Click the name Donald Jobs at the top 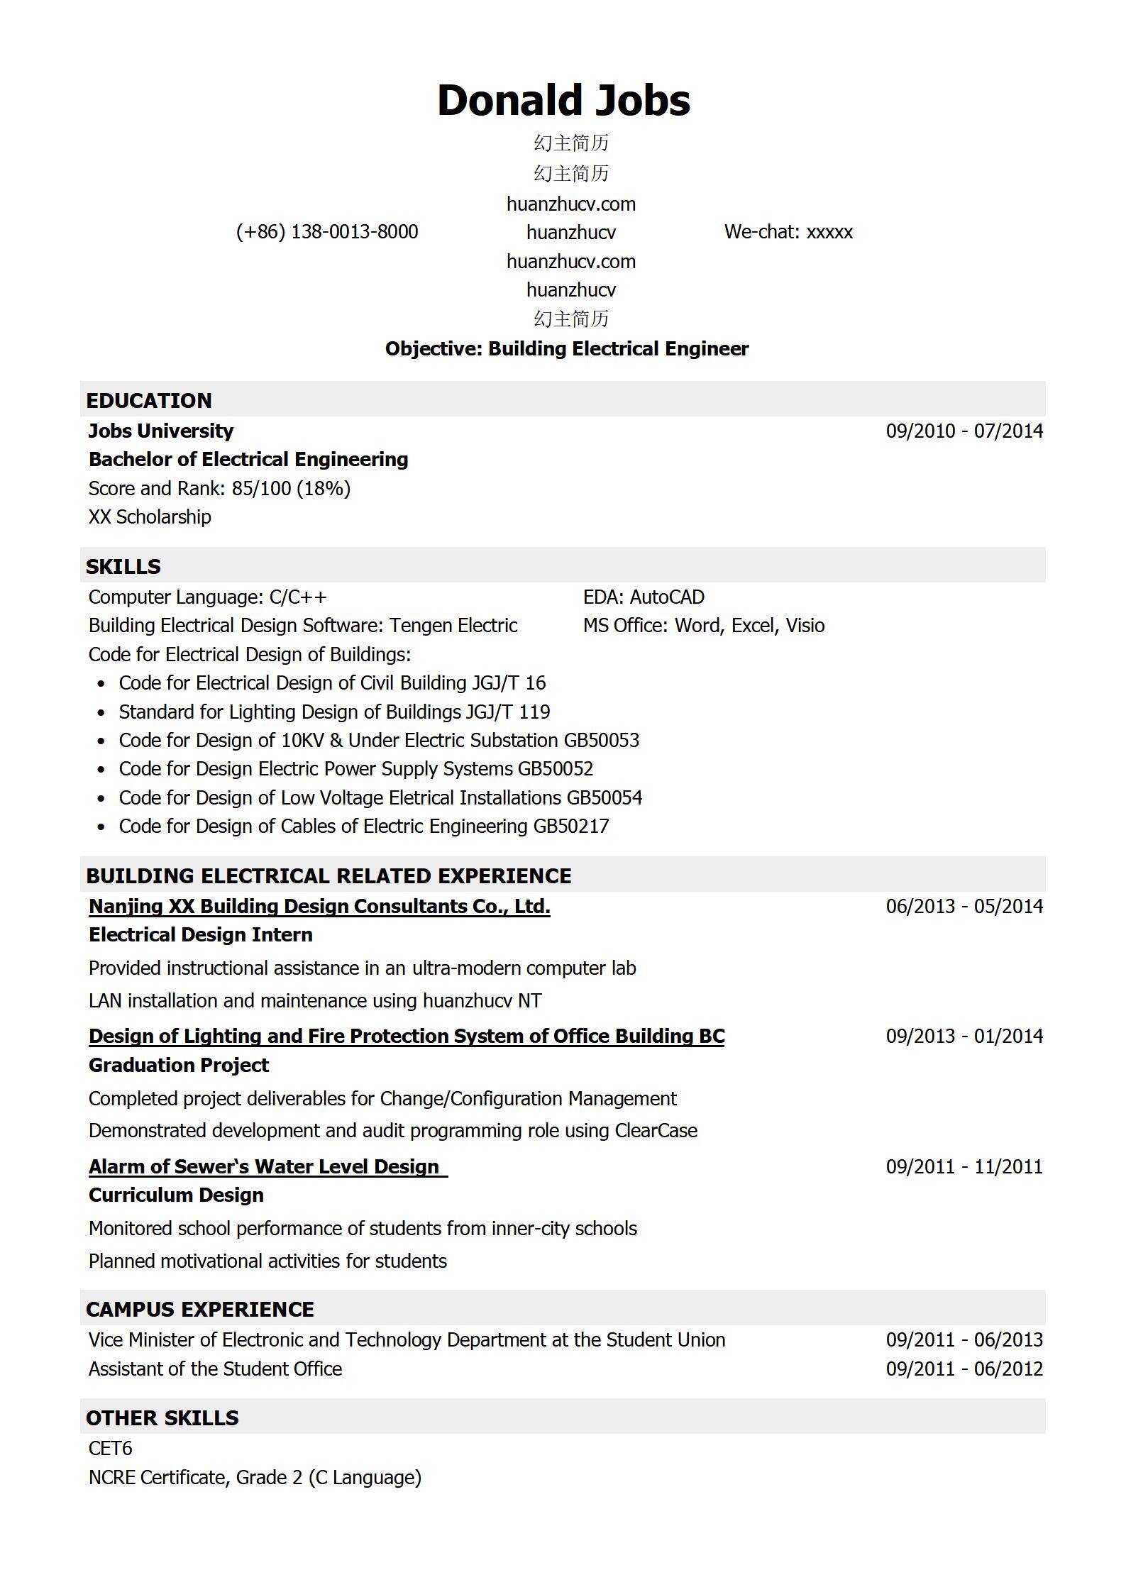pyautogui.click(x=563, y=101)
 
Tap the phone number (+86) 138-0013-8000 pyautogui.click(x=327, y=232)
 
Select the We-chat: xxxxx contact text pyautogui.click(x=788, y=232)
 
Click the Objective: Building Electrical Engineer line pyautogui.click(x=566, y=349)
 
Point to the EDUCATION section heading pyautogui.click(x=149, y=401)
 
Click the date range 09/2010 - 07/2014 pyautogui.click(x=964, y=431)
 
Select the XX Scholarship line pyautogui.click(x=150, y=517)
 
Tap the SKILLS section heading pyautogui.click(x=123, y=567)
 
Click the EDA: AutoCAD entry pyautogui.click(x=644, y=597)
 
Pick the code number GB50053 pyautogui.click(x=602, y=741)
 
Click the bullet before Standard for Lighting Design pyautogui.click(x=101, y=712)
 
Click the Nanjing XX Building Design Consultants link pyautogui.click(x=319, y=907)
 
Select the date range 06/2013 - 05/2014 pyautogui.click(x=964, y=907)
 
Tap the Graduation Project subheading pyautogui.click(x=179, y=1066)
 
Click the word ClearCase pyautogui.click(x=656, y=1131)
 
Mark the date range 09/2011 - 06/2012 pyautogui.click(x=964, y=1369)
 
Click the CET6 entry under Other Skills pyautogui.click(x=111, y=1449)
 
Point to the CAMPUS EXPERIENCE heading pyautogui.click(x=200, y=1310)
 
